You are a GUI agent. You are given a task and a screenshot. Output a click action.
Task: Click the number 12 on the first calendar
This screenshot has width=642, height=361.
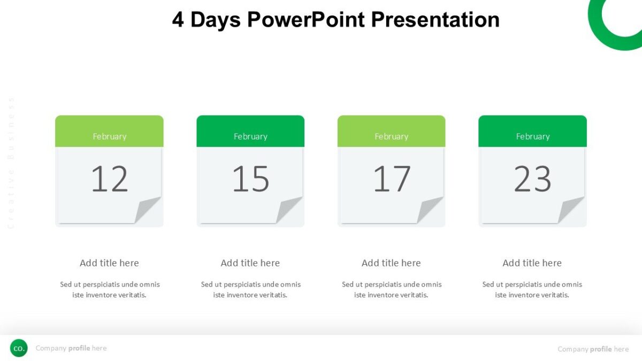[109, 179]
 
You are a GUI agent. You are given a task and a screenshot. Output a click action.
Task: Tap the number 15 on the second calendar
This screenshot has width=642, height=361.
[250, 179]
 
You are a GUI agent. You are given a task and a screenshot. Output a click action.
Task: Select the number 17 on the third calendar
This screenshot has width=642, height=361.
[392, 179]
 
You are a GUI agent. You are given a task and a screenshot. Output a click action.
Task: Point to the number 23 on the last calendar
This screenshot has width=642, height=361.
[532, 179]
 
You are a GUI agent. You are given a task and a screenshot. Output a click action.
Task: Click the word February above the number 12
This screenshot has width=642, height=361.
[109, 136]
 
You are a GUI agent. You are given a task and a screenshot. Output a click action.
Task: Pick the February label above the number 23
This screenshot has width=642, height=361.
[532, 136]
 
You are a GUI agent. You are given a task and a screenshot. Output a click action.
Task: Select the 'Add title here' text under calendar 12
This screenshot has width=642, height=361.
[109, 263]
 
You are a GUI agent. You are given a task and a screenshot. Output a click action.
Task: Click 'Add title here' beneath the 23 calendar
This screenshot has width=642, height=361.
[532, 263]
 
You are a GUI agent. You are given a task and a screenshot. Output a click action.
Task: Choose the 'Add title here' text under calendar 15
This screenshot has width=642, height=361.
[250, 263]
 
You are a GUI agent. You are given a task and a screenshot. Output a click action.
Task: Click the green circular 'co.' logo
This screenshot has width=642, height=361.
[19, 348]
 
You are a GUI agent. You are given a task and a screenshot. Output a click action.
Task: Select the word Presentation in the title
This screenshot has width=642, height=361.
[435, 20]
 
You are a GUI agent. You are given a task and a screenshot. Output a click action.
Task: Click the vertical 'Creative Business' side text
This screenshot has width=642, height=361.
[11, 163]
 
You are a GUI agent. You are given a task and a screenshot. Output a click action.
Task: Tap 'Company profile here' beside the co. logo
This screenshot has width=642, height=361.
[71, 348]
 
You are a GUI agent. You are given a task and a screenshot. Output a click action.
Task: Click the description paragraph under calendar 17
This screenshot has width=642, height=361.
[392, 289]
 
